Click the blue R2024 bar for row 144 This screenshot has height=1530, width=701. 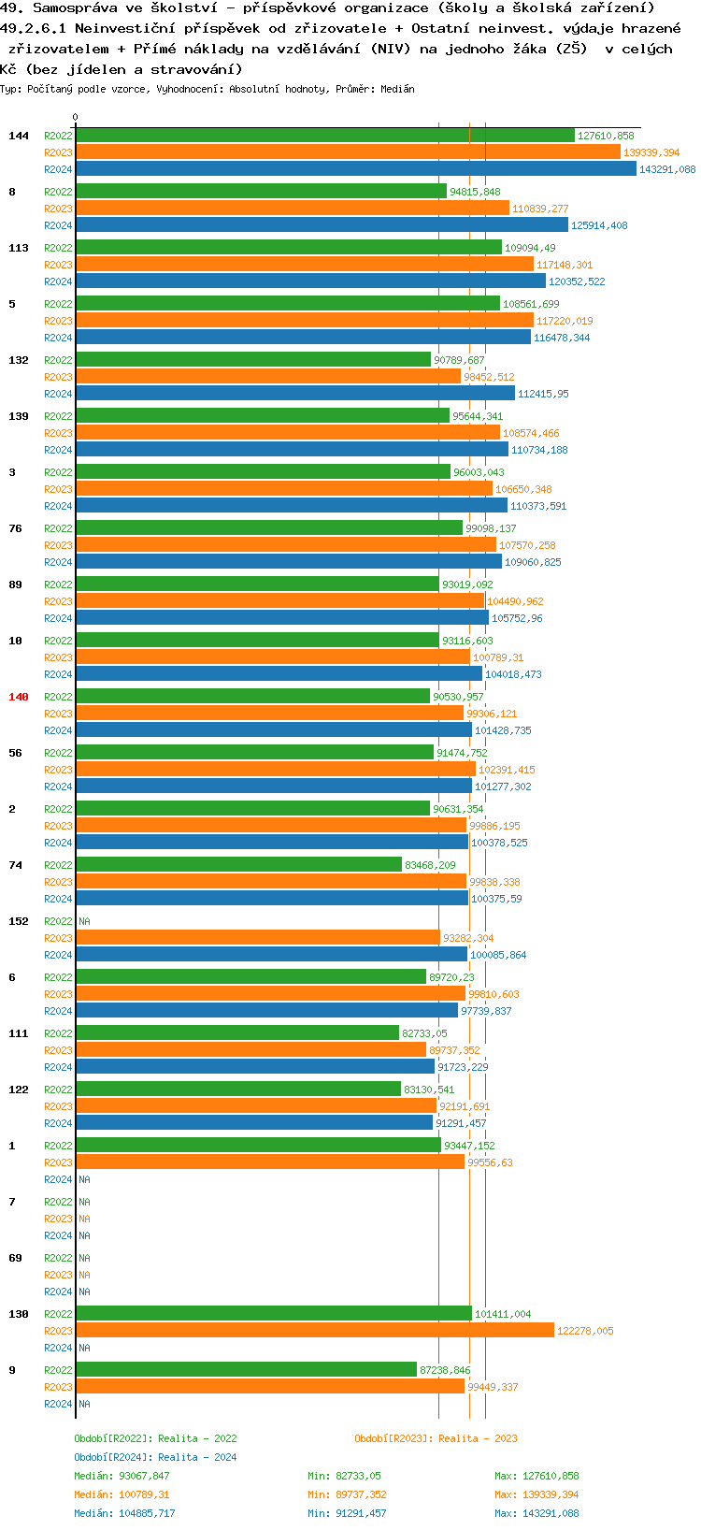pos(355,169)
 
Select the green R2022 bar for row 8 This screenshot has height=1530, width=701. pos(261,192)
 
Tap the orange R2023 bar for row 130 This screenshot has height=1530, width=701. pos(315,1331)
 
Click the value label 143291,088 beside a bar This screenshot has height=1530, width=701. pos(667,169)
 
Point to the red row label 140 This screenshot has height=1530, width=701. pos(19,697)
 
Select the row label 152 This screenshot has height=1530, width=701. pos(19,921)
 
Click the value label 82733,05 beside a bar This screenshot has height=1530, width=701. pos(424,1033)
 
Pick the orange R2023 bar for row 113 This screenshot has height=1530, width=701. pos(304,265)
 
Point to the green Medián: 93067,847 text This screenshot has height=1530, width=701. pos(122,1476)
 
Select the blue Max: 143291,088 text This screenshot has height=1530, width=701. pos(536,1513)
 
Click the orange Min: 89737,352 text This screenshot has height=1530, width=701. pos(347,1494)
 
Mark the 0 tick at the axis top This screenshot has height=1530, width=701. pos(76,118)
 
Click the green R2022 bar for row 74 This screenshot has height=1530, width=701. pos(238,865)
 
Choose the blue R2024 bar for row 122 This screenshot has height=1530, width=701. pos(253,1123)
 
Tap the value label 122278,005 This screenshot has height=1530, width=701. pos(585,1331)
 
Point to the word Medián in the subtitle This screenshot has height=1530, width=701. pos(397,89)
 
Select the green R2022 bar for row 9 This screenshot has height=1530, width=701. pos(246,1370)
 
